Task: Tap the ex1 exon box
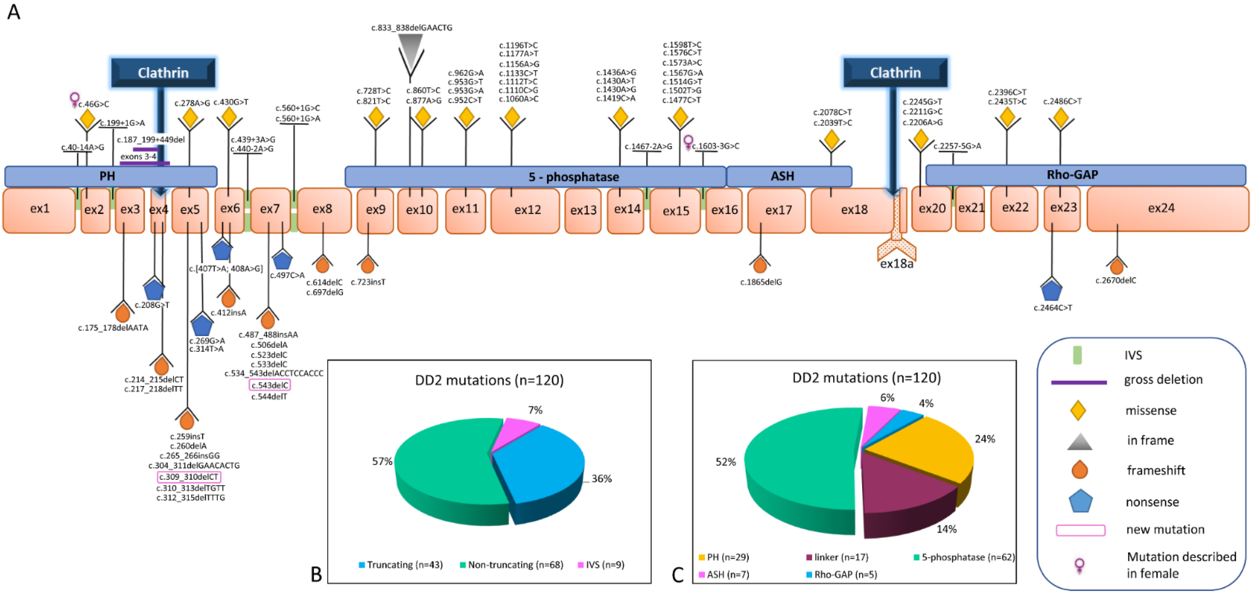click(39, 209)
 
